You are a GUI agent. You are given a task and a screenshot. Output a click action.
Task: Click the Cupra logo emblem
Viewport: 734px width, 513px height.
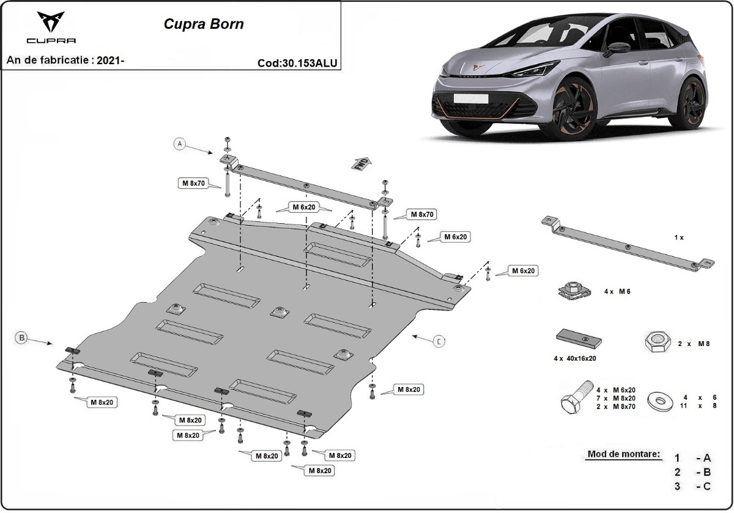coord(51,23)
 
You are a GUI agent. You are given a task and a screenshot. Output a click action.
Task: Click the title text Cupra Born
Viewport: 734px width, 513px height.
coord(204,24)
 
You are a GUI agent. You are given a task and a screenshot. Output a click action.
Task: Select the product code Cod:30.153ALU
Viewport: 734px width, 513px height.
coord(297,62)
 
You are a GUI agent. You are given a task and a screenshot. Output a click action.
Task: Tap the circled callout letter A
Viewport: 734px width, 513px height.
coord(179,144)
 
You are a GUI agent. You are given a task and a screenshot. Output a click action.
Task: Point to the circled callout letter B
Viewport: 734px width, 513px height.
coord(21,337)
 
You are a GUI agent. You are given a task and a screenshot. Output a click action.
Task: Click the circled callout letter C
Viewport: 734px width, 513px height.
coord(439,341)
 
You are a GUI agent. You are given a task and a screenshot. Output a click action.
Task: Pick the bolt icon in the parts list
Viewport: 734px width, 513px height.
coord(576,396)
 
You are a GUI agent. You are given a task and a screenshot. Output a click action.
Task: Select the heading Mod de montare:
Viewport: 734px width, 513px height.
coord(623,454)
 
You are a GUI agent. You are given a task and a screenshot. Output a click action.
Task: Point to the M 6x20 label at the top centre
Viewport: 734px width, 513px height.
coord(303,207)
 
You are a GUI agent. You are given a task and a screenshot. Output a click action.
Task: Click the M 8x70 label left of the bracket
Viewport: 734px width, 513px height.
coord(193,182)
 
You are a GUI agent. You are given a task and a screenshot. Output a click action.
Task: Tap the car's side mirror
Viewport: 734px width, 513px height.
coord(614,48)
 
